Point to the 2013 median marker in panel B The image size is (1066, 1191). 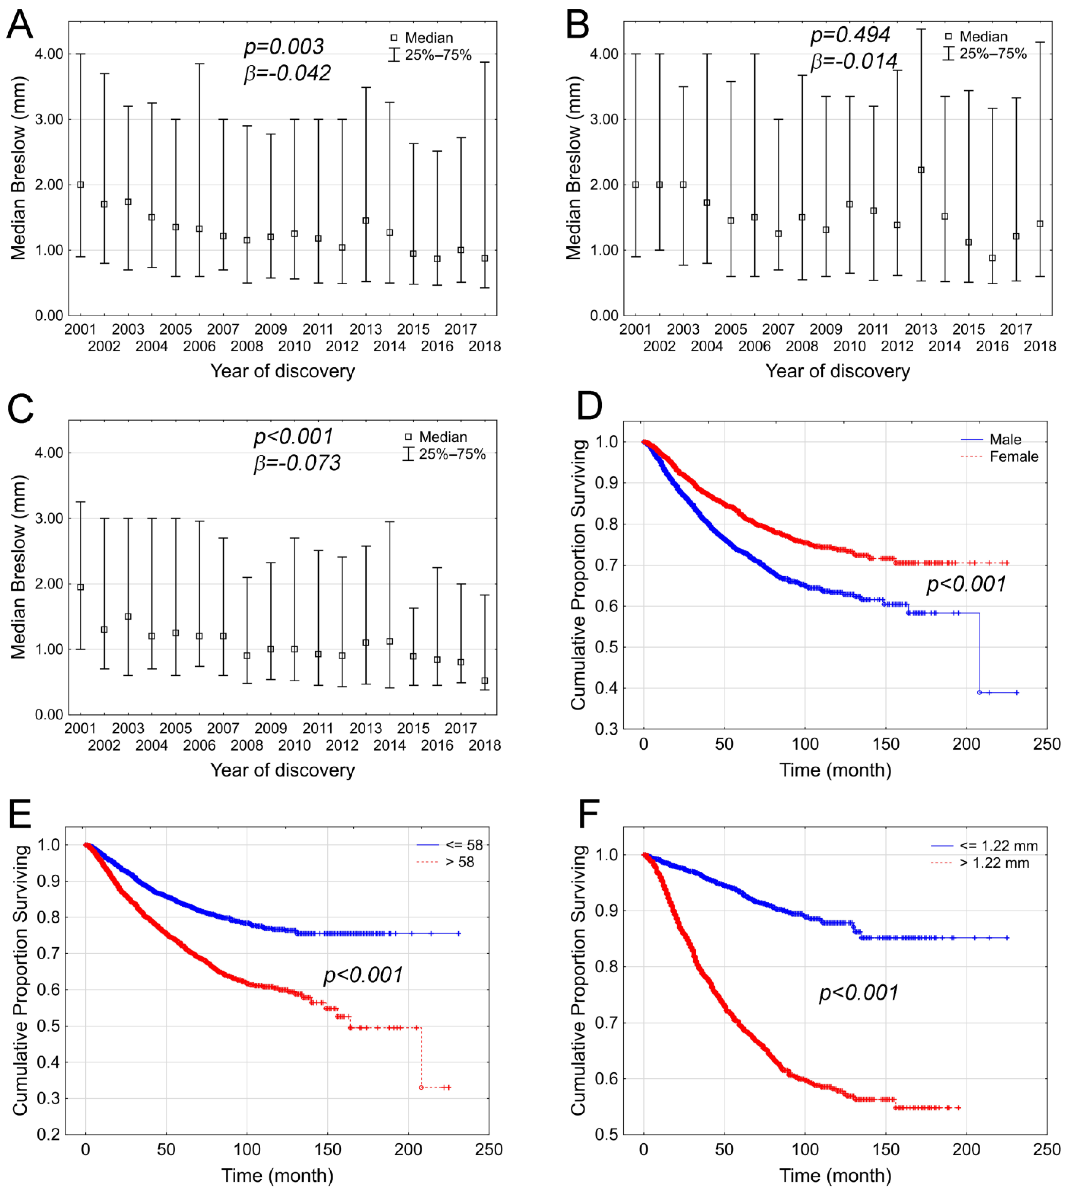(921, 170)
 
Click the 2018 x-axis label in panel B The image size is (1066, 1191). (1040, 347)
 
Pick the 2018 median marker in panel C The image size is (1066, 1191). (484, 681)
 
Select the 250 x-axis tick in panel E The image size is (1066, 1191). (489, 1149)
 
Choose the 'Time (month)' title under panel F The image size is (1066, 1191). (835, 1175)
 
